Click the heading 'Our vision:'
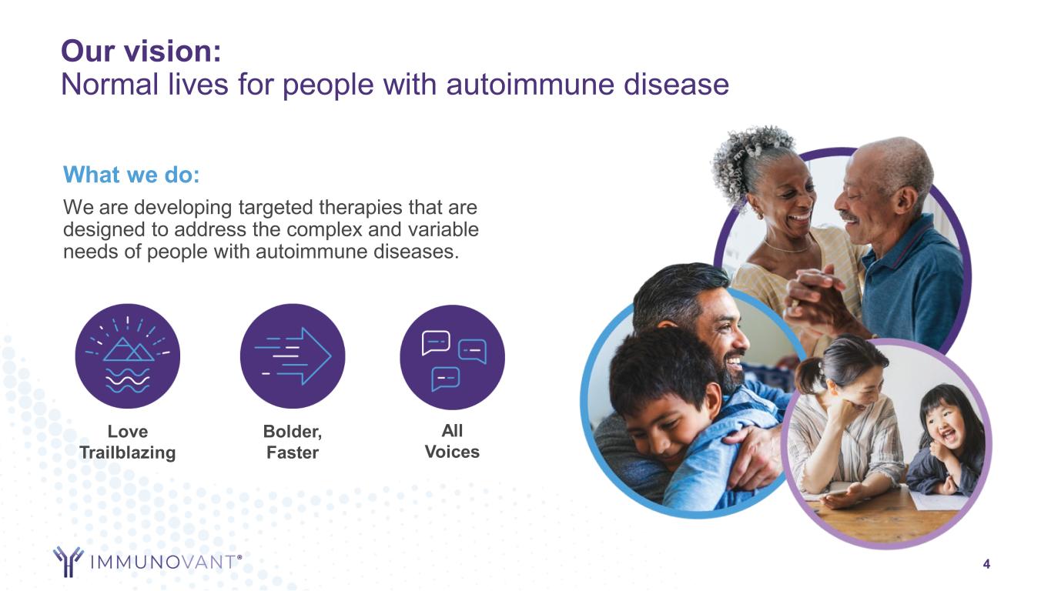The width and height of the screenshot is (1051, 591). [x=141, y=51]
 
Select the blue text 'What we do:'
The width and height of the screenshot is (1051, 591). [x=132, y=175]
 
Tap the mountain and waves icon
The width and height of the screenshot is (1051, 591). [x=127, y=356]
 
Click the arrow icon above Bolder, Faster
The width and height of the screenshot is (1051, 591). [x=293, y=356]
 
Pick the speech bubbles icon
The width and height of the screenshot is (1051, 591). [x=452, y=357]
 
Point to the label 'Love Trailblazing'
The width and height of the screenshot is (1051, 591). [x=127, y=442]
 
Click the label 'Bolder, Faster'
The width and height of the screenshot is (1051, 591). [x=293, y=442]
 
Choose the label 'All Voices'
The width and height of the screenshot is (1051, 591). [x=452, y=441]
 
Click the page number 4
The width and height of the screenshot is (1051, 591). [x=986, y=564]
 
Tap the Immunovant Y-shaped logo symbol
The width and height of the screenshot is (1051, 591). [x=69, y=561]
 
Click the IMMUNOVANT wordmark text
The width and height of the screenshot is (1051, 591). [x=165, y=562]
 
